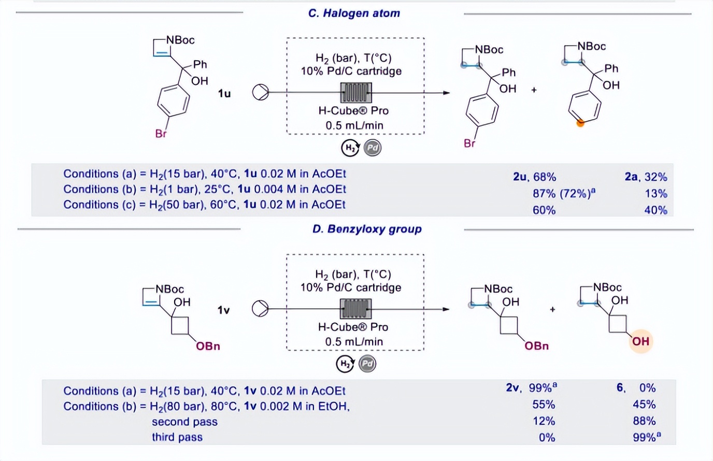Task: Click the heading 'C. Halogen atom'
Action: [354, 13]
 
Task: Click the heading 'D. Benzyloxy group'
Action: [367, 229]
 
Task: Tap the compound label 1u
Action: [224, 93]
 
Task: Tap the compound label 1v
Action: [223, 310]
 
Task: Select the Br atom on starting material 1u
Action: [161, 134]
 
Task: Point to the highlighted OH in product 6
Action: [640, 341]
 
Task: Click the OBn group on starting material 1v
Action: [208, 346]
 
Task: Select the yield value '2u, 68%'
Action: [534, 177]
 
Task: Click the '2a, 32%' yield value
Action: [646, 177]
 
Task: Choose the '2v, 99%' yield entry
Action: [531, 388]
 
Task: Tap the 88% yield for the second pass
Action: [644, 421]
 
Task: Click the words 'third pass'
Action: [177, 437]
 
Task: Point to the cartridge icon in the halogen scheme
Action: [355, 93]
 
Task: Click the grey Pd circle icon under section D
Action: [367, 364]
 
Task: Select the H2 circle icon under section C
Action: [350, 148]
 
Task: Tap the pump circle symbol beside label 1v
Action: [261, 309]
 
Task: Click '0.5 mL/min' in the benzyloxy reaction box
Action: [354, 341]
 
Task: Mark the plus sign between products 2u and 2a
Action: [534, 90]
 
